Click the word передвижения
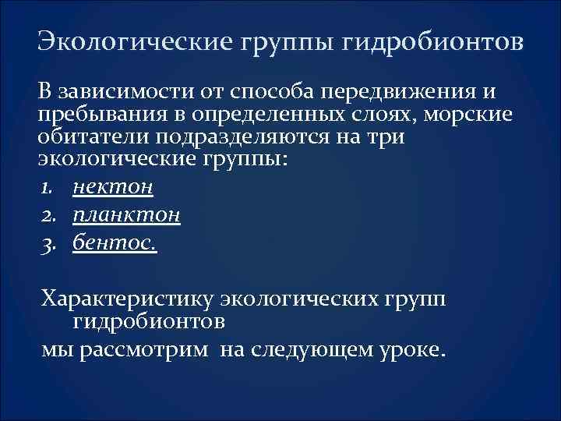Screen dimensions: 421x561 tap(404, 93)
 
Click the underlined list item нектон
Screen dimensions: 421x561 tap(112, 188)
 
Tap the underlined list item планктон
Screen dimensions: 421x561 tap(126, 215)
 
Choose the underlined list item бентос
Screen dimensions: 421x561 tap(115, 242)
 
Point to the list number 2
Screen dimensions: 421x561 tap(50, 215)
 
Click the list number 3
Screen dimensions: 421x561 tap(50, 242)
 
